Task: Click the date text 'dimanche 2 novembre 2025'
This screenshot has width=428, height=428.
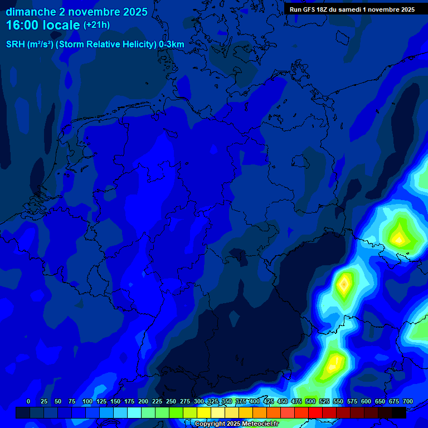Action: click(x=77, y=12)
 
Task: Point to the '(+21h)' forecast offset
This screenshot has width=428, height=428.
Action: click(x=96, y=25)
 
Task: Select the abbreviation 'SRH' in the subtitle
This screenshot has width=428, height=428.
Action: click(x=15, y=44)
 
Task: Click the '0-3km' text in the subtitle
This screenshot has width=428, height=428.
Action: click(x=172, y=44)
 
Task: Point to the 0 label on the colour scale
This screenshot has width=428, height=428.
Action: click(x=28, y=402)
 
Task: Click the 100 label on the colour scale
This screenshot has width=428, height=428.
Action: click(x=87, y=402)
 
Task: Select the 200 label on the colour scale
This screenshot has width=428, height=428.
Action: click(x=143, y=402)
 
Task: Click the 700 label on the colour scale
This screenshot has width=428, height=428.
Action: click(x=408, y=402)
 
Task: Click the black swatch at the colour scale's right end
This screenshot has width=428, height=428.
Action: click(x=399, y=412)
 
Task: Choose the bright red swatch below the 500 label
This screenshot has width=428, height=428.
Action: click(x=301, y=412)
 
